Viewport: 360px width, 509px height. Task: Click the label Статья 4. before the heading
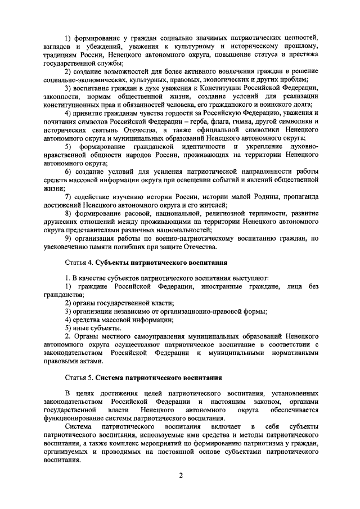pyautogui.click(x=77, y=263)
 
